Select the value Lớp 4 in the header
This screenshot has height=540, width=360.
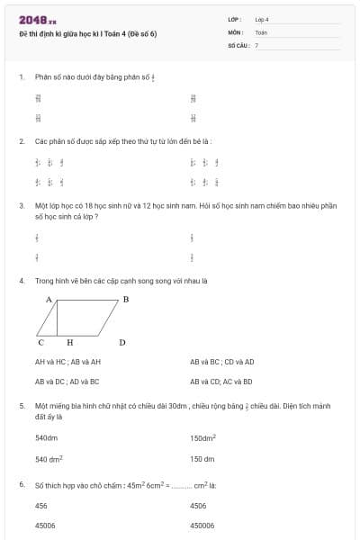[262, 18]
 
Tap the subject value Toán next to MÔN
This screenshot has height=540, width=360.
[261, 31]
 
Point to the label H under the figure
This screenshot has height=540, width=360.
[69, 342]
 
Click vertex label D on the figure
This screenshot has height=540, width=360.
[121, 342]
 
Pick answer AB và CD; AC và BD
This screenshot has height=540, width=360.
[221, 381]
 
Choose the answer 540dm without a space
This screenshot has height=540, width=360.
[47, 438]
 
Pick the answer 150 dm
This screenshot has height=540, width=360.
[202, 459]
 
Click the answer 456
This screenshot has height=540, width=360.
[40, 506]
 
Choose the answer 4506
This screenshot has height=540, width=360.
[198, 506]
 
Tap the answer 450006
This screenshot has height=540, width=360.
[202, 525]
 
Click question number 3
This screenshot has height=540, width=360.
[21, 205]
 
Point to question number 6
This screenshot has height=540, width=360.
[21, 485]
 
